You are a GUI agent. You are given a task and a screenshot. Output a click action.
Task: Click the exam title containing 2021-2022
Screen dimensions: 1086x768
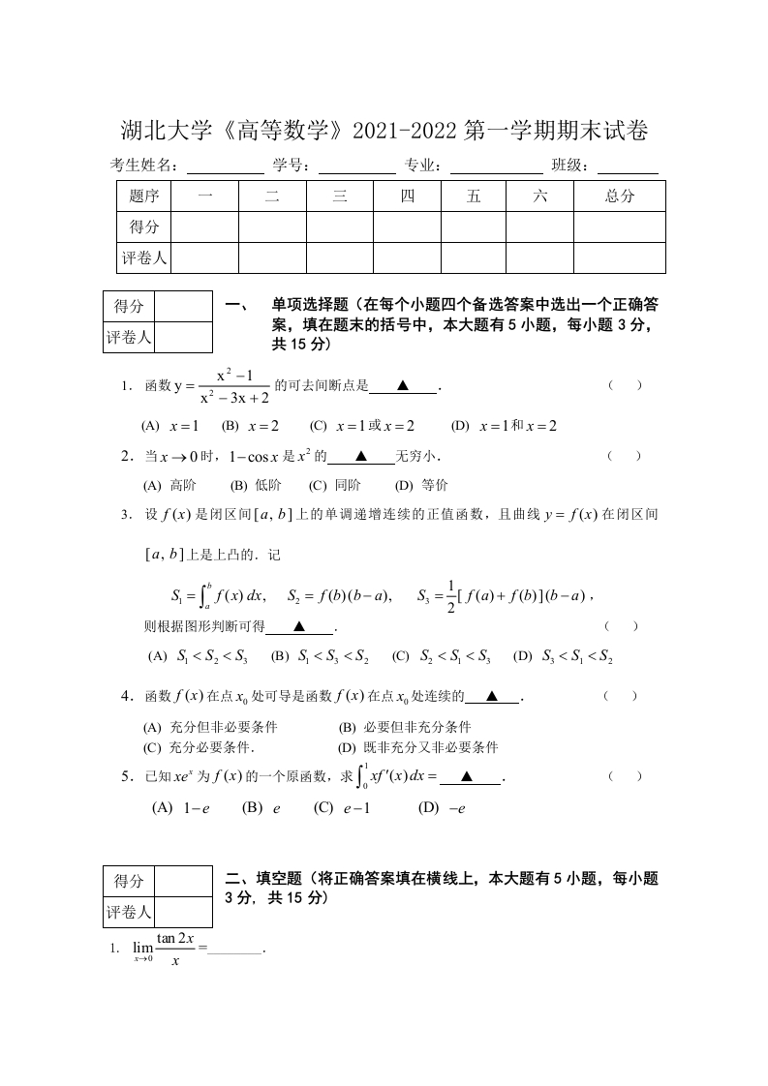click(x=384, y=130)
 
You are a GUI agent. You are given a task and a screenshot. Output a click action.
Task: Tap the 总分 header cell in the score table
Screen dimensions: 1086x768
click(x=619, y=196)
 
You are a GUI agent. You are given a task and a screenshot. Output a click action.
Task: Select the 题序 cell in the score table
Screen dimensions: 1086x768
click(x=143, y=196)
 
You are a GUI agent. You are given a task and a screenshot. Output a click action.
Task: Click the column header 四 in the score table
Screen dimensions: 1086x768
click(x=407, y=196)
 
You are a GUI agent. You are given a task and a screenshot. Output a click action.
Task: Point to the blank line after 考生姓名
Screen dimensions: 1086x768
click(x=225, y=166)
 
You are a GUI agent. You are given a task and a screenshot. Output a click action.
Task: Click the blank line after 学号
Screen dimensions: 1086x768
click(x=355, y=166)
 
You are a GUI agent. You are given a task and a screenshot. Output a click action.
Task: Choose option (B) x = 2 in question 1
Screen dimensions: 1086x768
click(x=250, y=426)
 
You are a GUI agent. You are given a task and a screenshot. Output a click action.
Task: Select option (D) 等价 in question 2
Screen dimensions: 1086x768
click(x=422, y=486)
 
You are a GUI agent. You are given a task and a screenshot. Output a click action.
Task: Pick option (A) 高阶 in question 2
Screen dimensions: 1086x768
click(x=169, y=486)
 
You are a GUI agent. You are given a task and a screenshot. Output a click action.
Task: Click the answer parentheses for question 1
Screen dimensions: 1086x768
click(x=625, y=385)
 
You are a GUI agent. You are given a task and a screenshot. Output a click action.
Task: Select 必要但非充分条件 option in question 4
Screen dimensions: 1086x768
click(x=404, y=727)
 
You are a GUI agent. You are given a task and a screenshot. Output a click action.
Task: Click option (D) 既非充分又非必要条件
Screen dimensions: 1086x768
click(x=416, y=747)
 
